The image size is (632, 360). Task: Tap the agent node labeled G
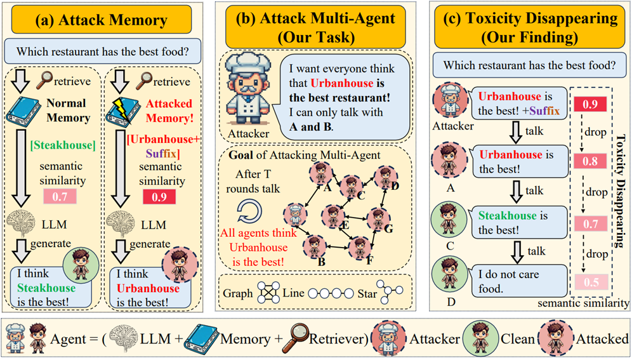(380, 217)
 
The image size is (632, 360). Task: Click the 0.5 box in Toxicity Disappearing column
(591, 282)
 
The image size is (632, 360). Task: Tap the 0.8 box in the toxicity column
(591, 161)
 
